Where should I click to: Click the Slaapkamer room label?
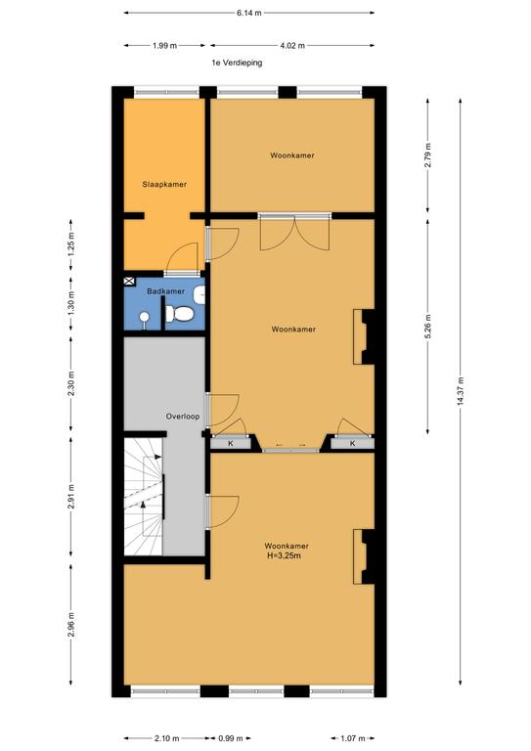(164, 184)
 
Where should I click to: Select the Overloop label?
(183, 417)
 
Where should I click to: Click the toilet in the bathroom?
(180, 314)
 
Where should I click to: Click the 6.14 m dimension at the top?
(249, 13)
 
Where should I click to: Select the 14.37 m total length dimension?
(461, 391)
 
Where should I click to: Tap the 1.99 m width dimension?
(164, 46)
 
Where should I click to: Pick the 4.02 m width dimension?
(292, 46)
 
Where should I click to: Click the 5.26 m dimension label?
(427, 327)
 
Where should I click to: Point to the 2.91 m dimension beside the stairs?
(70, 498)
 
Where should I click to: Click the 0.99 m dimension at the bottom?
(231, 738)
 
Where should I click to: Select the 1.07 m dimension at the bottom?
(352, 738)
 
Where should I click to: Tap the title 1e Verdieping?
(237, 63)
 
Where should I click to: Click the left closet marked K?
(231, 444)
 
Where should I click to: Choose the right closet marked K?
(352, 444)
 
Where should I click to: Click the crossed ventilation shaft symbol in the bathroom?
(130, 282)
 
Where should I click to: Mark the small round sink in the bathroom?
(144, 317)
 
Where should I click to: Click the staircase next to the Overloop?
(144, 496)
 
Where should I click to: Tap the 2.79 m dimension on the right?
(427, 155)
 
